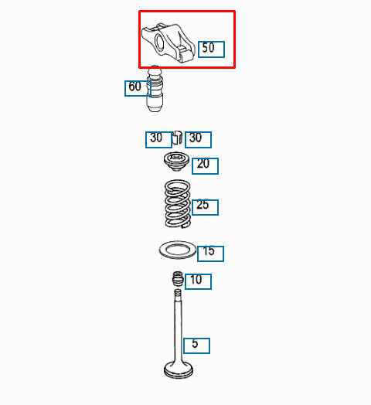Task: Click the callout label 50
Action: coord(211,49)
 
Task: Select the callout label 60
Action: coord(138,88)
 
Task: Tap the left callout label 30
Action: coord(158,140)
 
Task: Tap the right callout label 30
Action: coord(198,140)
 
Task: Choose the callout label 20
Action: coord(205,166)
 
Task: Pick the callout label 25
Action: coord(205,207)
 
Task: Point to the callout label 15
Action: coord(210,254)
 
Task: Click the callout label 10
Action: coord(198,281)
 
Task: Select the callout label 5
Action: coord(196,345)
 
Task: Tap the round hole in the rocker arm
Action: coord(159,42)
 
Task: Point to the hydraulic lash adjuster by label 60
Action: coord(155,88)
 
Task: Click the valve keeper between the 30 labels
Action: coord(177,137)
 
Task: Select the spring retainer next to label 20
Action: coord(176,162)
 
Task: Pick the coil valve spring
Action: coord(178,204)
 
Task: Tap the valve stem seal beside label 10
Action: coord(178,279)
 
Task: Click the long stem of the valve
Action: coord(178,325)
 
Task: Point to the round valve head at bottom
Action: coord(179,371)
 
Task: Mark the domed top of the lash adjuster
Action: coord(155,70)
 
